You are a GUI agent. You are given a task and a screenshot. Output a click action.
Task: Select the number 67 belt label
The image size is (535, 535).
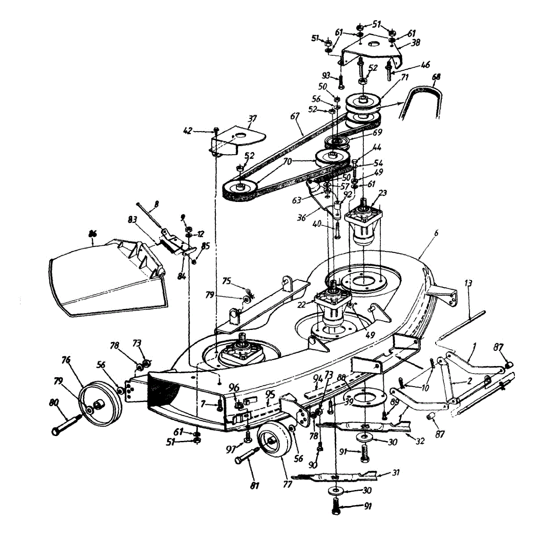(x=294, y=116)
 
